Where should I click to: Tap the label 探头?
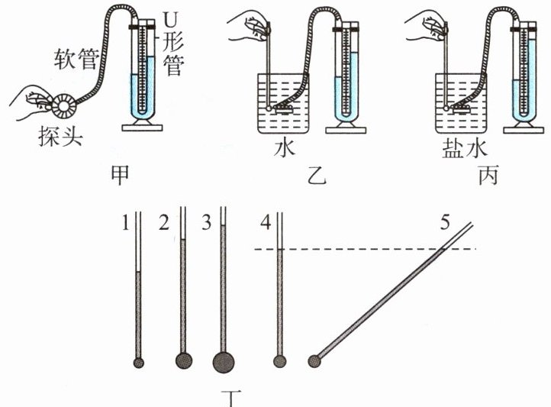[56, 138]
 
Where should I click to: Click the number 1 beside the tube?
[124, 223]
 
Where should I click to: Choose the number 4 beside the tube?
[265, 223]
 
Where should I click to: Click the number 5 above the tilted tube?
[445, 224]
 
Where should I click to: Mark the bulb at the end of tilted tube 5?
[314, 361]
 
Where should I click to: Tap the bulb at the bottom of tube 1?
[138, 362]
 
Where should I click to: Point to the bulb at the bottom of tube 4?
[279, 361]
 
